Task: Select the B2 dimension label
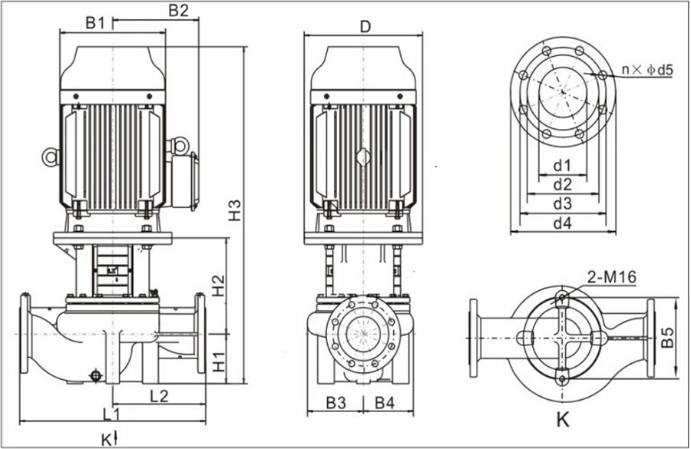(178, 11)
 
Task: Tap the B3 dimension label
(336, 401)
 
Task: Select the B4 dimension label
(385, 401)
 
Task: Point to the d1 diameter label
(563, 165)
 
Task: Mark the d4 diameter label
(563, 223)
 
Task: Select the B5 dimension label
(669, 338)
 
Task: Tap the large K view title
(563, 421)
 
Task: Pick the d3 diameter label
(563, 204)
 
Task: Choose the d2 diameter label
(563, 184)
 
